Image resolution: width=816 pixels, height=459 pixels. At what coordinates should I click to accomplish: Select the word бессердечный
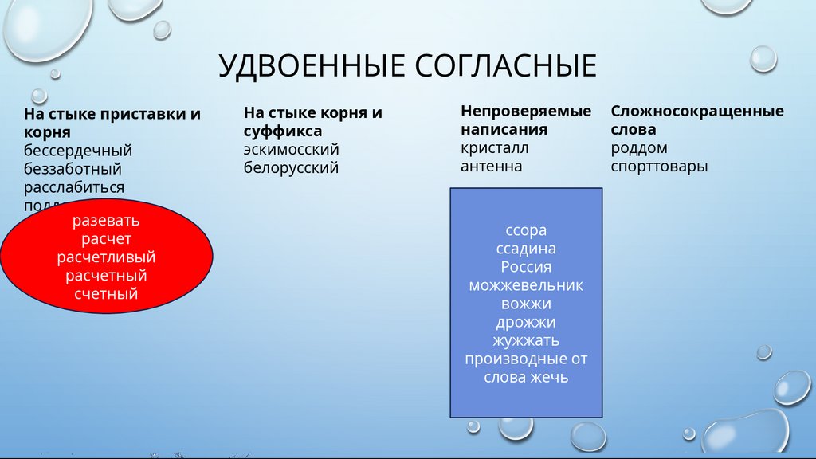[x=78, y=151]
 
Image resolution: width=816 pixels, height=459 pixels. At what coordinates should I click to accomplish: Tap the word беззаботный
[x=73, y=169]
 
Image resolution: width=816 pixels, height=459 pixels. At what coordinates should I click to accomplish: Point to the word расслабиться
[x=74, y=187]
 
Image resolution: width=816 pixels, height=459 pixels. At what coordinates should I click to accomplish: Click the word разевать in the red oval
[x=106, y=220]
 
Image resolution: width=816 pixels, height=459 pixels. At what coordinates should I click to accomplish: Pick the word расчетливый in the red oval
[x=106, y=257]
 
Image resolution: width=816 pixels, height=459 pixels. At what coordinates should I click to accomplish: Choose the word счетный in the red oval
[x=106, y=294]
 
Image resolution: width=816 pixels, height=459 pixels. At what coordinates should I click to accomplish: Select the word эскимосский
[x=292, y=149]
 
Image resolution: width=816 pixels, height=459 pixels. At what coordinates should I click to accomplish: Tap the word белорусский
[x=292, y=167]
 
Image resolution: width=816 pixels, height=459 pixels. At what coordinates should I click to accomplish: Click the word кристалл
[x=494, y=147]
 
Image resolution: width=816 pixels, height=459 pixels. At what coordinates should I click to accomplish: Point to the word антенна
[x=491, y=166]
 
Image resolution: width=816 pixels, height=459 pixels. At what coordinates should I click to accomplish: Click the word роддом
[x=639, y=147]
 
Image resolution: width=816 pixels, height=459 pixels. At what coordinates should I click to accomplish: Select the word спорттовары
[x=660, y=166]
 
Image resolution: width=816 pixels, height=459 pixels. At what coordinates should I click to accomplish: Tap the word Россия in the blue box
[x=526, y=267]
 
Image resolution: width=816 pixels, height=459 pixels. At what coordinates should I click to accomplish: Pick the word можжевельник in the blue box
[x=526, y=285]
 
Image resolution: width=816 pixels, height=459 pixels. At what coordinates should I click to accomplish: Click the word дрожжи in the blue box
[x=526, y=322]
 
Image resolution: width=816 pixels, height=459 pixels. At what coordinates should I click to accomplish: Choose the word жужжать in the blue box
[x=526, y=340]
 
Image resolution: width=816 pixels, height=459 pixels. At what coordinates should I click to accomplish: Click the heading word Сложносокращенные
[x=697, y=111]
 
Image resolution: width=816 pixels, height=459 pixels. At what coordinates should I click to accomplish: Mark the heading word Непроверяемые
[x=526, y=111]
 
